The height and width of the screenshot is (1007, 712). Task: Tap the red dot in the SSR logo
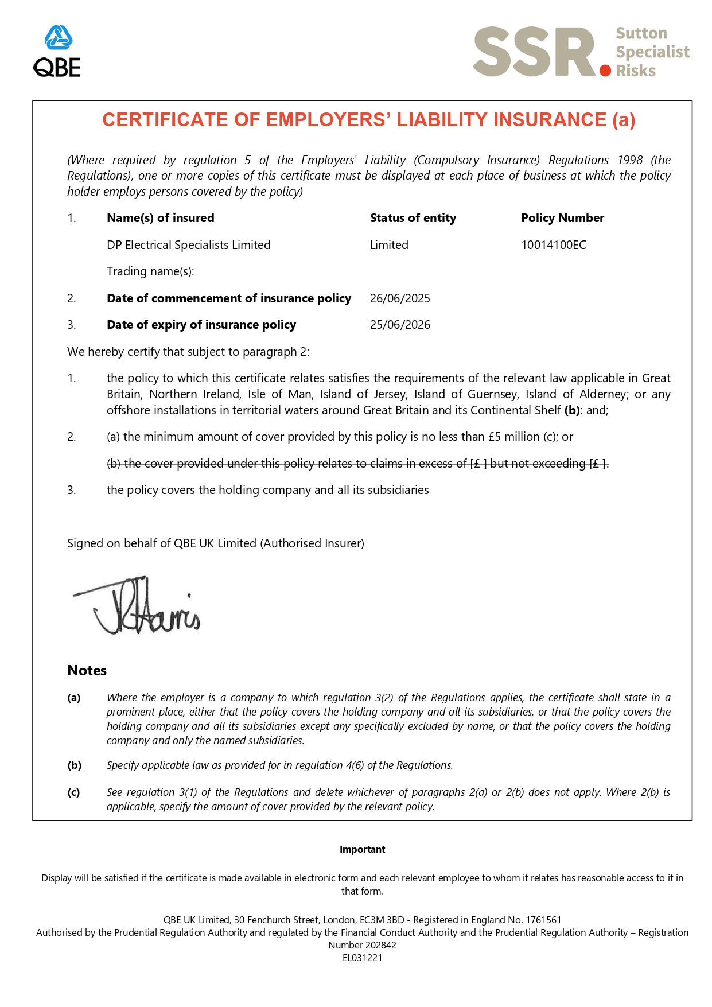[605, 71]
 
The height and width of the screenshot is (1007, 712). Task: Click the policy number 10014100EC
[553, 245]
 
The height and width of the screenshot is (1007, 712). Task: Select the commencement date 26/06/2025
[400, 298]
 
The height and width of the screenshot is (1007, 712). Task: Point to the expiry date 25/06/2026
[400, 325]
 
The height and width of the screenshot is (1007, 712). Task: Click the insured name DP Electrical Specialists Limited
[188, 245]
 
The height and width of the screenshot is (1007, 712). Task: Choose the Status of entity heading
[413, 218]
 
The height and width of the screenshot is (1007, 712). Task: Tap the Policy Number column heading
[562, 218]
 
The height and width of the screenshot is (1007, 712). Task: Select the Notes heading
[87, 671]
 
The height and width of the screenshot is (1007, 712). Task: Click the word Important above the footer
[362, 849]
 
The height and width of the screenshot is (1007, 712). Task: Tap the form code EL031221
[362, 958]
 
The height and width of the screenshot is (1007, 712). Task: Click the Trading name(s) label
[150, 271]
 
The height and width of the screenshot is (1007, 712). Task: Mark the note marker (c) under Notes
[74, 792]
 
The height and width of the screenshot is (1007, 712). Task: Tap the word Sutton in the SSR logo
[641, 33]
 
